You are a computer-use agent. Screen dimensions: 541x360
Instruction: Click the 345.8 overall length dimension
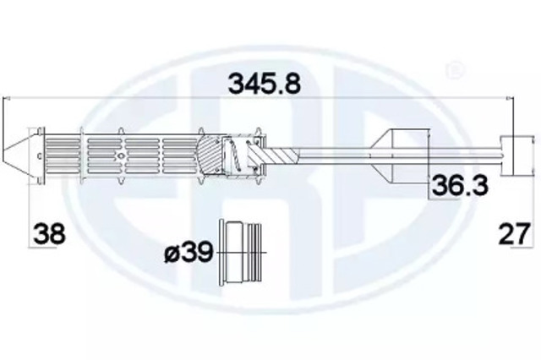[265, 83]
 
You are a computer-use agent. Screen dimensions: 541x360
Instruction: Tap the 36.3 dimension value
[460, 185]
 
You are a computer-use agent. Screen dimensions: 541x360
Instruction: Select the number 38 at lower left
[49, 233]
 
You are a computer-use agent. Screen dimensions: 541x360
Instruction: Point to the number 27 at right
[514, 233]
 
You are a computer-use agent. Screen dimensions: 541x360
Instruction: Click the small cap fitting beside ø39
[241, 253]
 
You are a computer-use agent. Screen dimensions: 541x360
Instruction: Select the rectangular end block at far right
[516, 155]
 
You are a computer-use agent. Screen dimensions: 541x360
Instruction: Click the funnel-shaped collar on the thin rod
[404, 155]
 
